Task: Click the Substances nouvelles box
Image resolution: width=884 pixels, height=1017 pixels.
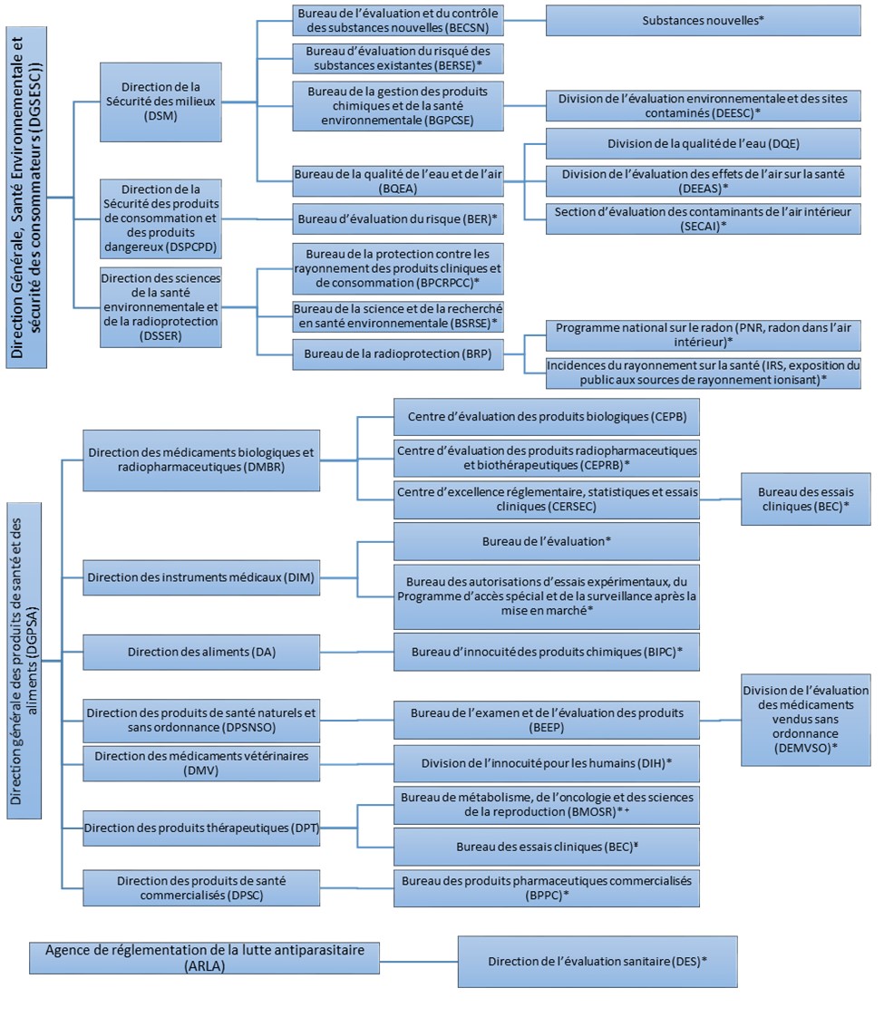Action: point(704,20)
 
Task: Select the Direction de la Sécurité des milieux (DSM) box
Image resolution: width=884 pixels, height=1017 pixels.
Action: point(160,102)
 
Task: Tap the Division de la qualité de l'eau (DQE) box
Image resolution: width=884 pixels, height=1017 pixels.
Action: point(704,143)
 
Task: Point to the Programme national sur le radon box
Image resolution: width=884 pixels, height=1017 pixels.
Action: point(704,334)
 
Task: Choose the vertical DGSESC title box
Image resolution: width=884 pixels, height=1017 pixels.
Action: point(26,195)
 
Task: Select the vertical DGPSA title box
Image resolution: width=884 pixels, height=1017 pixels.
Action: point(27,654)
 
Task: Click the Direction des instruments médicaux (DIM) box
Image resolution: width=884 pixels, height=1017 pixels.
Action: point(201,577)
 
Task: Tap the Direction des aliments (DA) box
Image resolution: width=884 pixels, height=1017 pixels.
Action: point(201,652)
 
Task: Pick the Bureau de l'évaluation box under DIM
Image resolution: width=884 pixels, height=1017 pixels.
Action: point(546,541)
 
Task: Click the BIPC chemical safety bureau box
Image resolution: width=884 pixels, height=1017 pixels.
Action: point(546,652)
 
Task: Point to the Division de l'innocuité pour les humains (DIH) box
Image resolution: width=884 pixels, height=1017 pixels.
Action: point(546,763)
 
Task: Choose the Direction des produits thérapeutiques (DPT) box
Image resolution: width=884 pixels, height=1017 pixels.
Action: point(201,828)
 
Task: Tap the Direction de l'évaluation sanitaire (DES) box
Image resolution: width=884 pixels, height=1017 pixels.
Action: point(597,962)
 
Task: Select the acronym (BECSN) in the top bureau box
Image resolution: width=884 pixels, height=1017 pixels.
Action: point(473,29)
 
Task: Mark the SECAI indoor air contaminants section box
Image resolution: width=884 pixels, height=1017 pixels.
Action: point(704,219)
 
